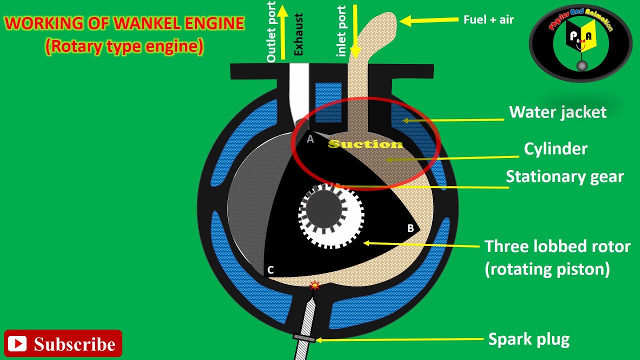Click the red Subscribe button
(x=63, y=343)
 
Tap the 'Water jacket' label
(x=557, y=112)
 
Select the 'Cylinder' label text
(x=555, y=148)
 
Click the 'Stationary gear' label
(x=564, y=176)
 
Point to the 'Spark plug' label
(x=528, y=339)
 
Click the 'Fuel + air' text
(x=488, y=20)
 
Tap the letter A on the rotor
(x=310, y=139)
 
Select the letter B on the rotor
(x=410, y=228)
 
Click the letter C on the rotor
(x=270, y=270)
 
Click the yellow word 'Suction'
(x=365, y=144)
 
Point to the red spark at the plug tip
(x=314, y=286)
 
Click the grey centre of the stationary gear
(x=323, y=210)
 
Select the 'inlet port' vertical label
(x=342, y=31)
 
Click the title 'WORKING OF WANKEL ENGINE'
(x=124, y=23)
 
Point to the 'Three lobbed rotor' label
(x=557, y=246)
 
